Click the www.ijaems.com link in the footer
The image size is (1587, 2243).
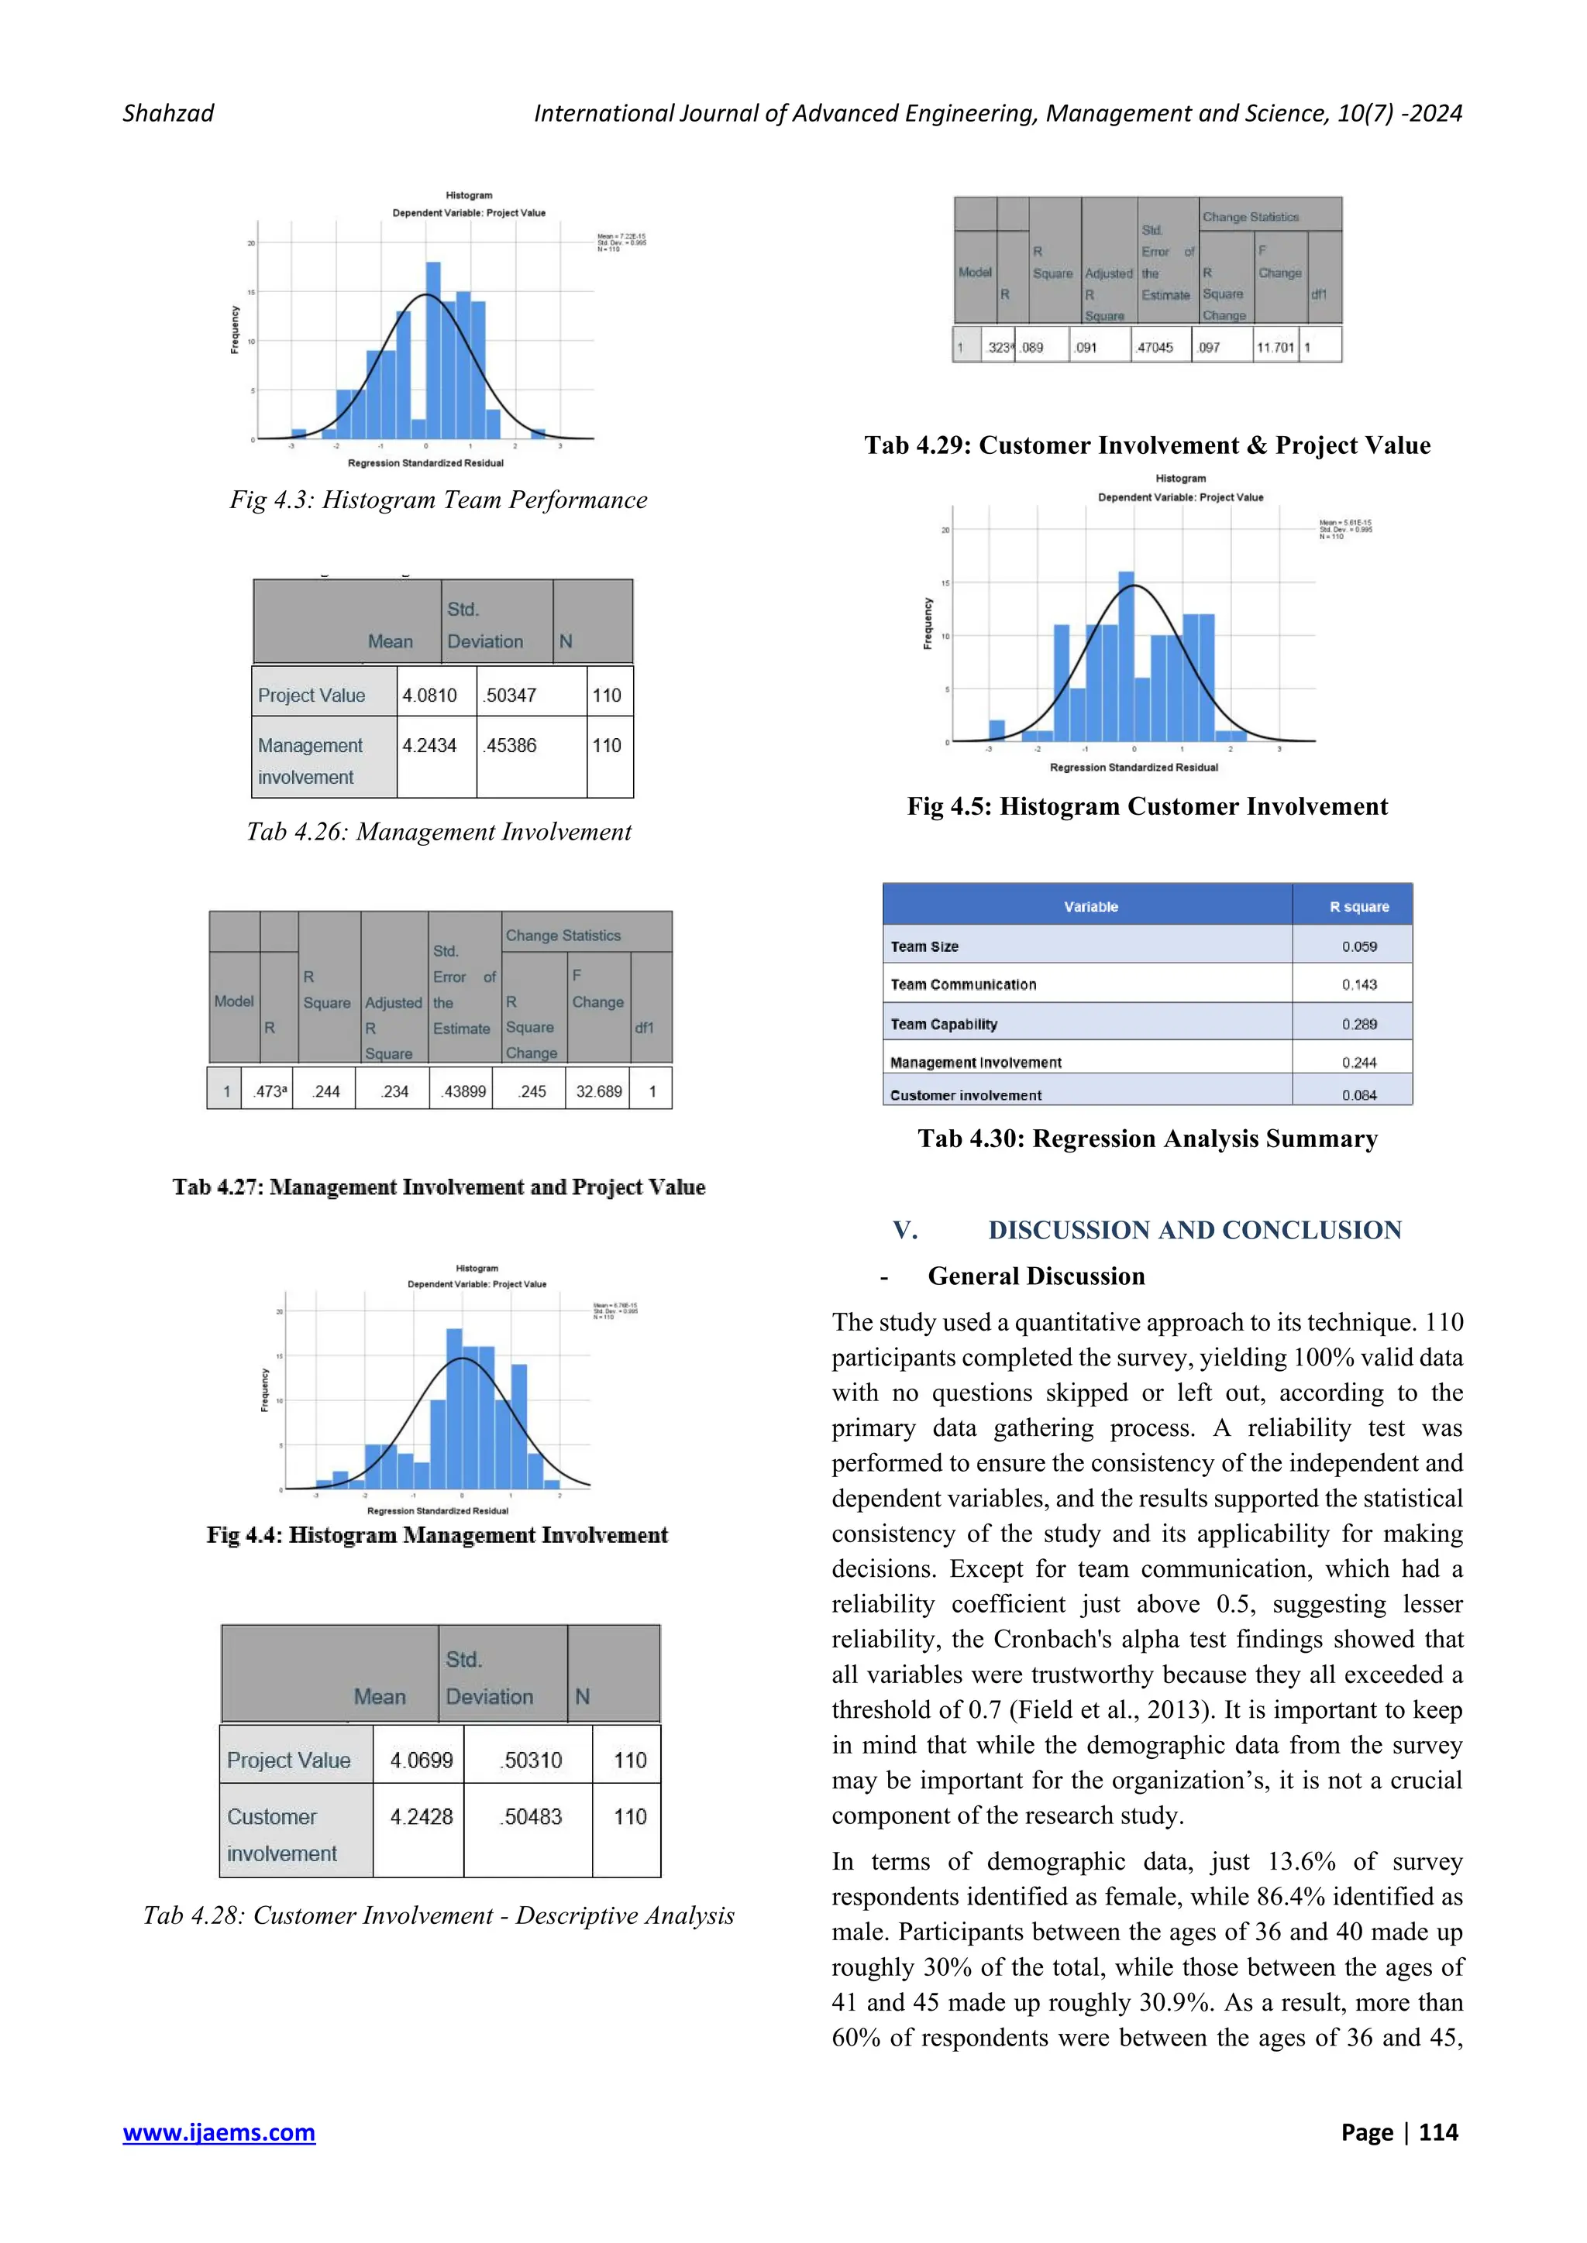tap(219, 2131)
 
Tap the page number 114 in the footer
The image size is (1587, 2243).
tap(1437, 2131)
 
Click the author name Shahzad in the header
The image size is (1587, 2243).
tap(168, 113)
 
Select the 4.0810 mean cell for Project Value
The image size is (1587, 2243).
tap(430, 696)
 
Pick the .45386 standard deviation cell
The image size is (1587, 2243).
tap(510, 745)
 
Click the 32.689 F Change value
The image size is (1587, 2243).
tap(598, 1091)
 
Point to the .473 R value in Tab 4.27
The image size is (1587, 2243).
tap(269, 1091)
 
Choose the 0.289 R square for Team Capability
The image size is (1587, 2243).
tap(1358, 1024)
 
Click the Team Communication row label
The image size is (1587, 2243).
tap(962, 984)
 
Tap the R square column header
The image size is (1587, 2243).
tap(1358, 907)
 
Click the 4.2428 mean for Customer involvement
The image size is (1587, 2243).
tap(422, 1816)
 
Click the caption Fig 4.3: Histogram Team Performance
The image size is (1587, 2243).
tap(439, 500)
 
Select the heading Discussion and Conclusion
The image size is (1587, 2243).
tap(1194, 1230)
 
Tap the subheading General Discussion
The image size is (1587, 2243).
tap(1036, 1276)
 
